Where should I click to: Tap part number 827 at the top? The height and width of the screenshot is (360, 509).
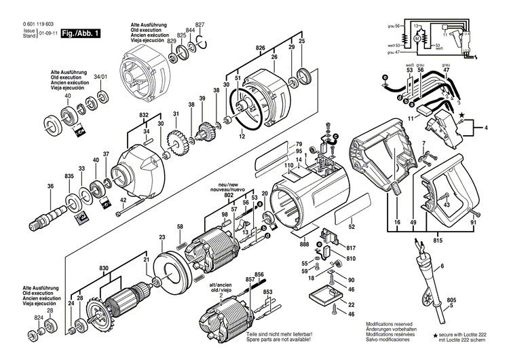200,24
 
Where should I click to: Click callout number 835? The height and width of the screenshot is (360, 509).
69,177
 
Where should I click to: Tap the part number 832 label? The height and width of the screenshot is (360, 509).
144,115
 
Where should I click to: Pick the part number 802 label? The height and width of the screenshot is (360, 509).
229,196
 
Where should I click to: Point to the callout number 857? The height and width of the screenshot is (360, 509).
250,280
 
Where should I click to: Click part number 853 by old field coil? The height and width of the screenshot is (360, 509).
268,292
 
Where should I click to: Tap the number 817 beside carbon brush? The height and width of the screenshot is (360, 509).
352,247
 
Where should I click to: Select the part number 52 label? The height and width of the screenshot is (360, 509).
352,227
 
